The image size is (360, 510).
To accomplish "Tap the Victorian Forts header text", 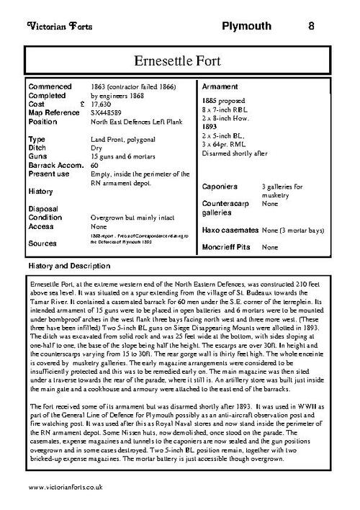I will click(x=57, y=27).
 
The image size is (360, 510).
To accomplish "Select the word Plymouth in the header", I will click(x=246, y=27).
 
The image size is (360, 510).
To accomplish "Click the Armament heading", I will click(x=222, y=84).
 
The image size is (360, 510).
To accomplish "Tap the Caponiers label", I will click(x=222, y=185).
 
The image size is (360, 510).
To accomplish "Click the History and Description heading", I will click(x=68, y=266).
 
